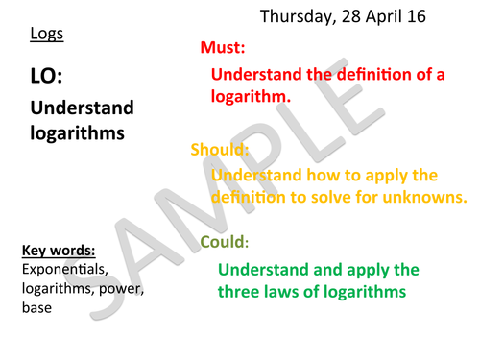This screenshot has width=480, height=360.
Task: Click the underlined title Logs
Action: click(45, 36)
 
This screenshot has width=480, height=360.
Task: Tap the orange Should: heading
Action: click(220, 151)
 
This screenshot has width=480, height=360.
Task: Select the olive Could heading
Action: click(223, 242)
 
